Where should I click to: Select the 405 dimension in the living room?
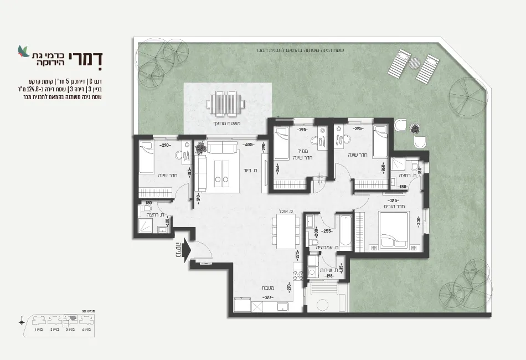pos(249,145)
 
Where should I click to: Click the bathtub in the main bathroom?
pos(345,232)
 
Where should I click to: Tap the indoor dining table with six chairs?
pos(286,233)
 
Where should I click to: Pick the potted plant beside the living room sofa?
pos(200,148)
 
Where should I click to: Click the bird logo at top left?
pos(23,52)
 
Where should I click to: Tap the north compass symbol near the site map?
pos(21,321)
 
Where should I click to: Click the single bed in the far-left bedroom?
pos(147,156)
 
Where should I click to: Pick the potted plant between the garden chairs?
pos(415,128)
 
